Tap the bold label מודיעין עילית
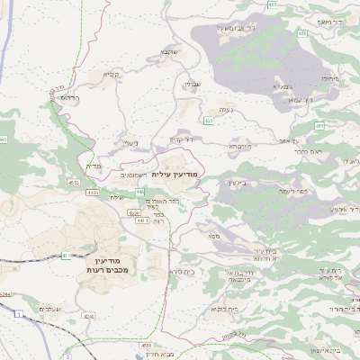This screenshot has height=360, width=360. click(173, 174)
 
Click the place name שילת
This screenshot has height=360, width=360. click(116, 197)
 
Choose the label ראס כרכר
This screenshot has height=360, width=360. click(308, 152)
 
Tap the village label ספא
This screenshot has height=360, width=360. click(213, 236)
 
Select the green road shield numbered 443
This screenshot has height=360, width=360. click(140, 193)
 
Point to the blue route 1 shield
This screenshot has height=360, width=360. click(18, 313)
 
